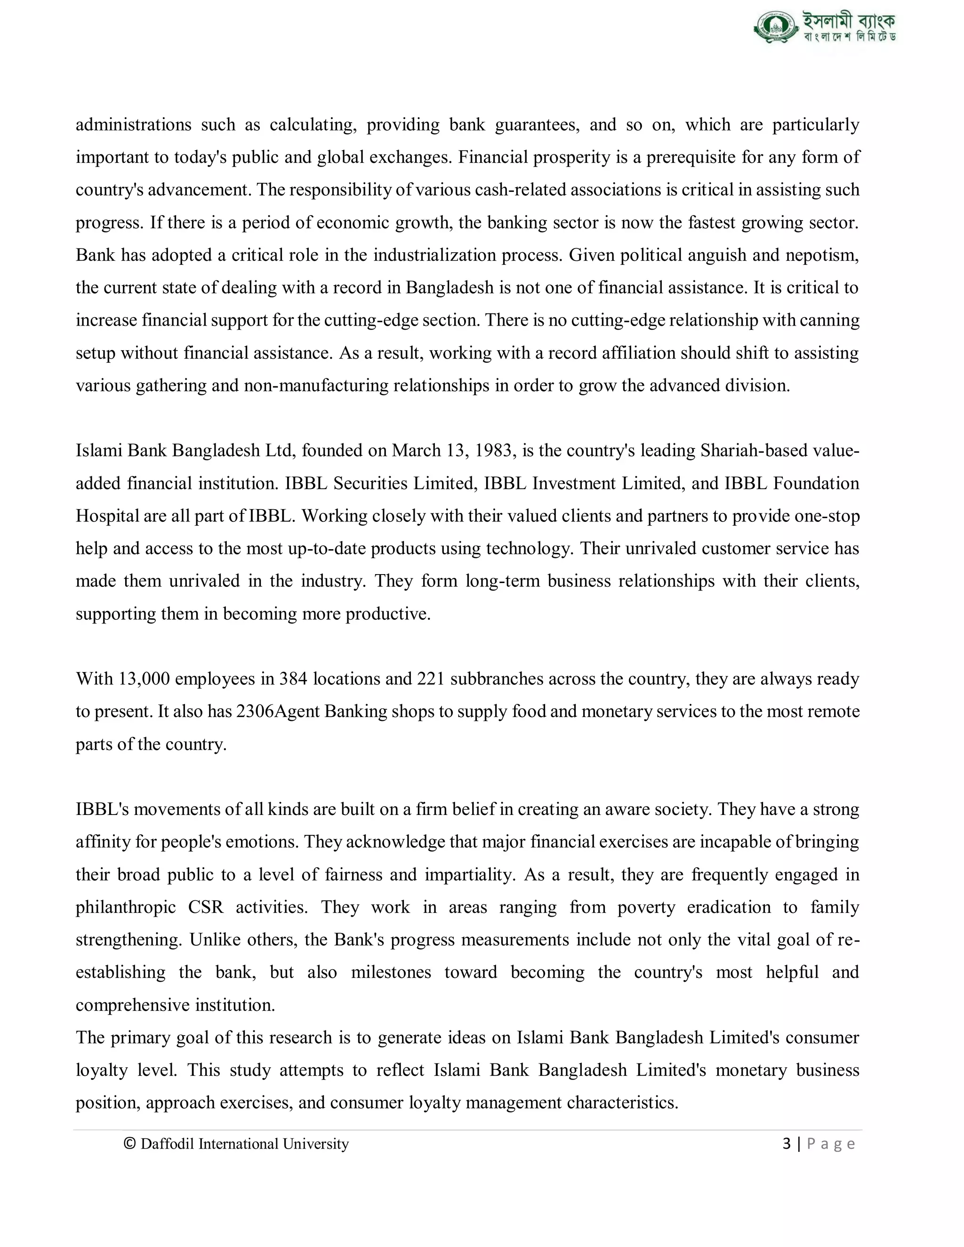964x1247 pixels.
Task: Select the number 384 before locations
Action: click(293, 679)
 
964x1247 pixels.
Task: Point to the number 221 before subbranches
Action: click(431, 679)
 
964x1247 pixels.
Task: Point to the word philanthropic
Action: click(126, 907)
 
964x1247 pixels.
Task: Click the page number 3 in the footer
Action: click(787, 1143)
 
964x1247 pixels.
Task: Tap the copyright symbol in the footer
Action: click(129, 1143)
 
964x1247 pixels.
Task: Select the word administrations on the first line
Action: click(133, 125)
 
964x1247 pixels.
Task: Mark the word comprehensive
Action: click(132, 1005)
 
